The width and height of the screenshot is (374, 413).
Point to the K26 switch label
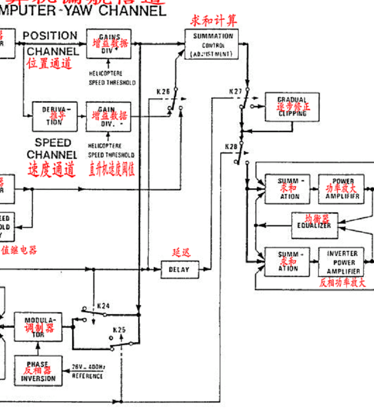click(x=163, y=91)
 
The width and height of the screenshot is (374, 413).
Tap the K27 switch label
click(x=235, y=91)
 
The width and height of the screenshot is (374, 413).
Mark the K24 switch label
click(x=103, y=306)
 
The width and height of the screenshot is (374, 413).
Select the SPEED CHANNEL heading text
click(x=52, y=149)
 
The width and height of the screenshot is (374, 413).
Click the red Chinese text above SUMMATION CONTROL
click(x=213, y=21)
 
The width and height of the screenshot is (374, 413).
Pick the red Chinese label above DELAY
click(x=181, y=252)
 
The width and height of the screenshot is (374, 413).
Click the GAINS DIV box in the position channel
click(x=109, y=44)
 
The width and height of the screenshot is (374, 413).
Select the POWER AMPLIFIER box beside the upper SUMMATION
click(x=343, y=188)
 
